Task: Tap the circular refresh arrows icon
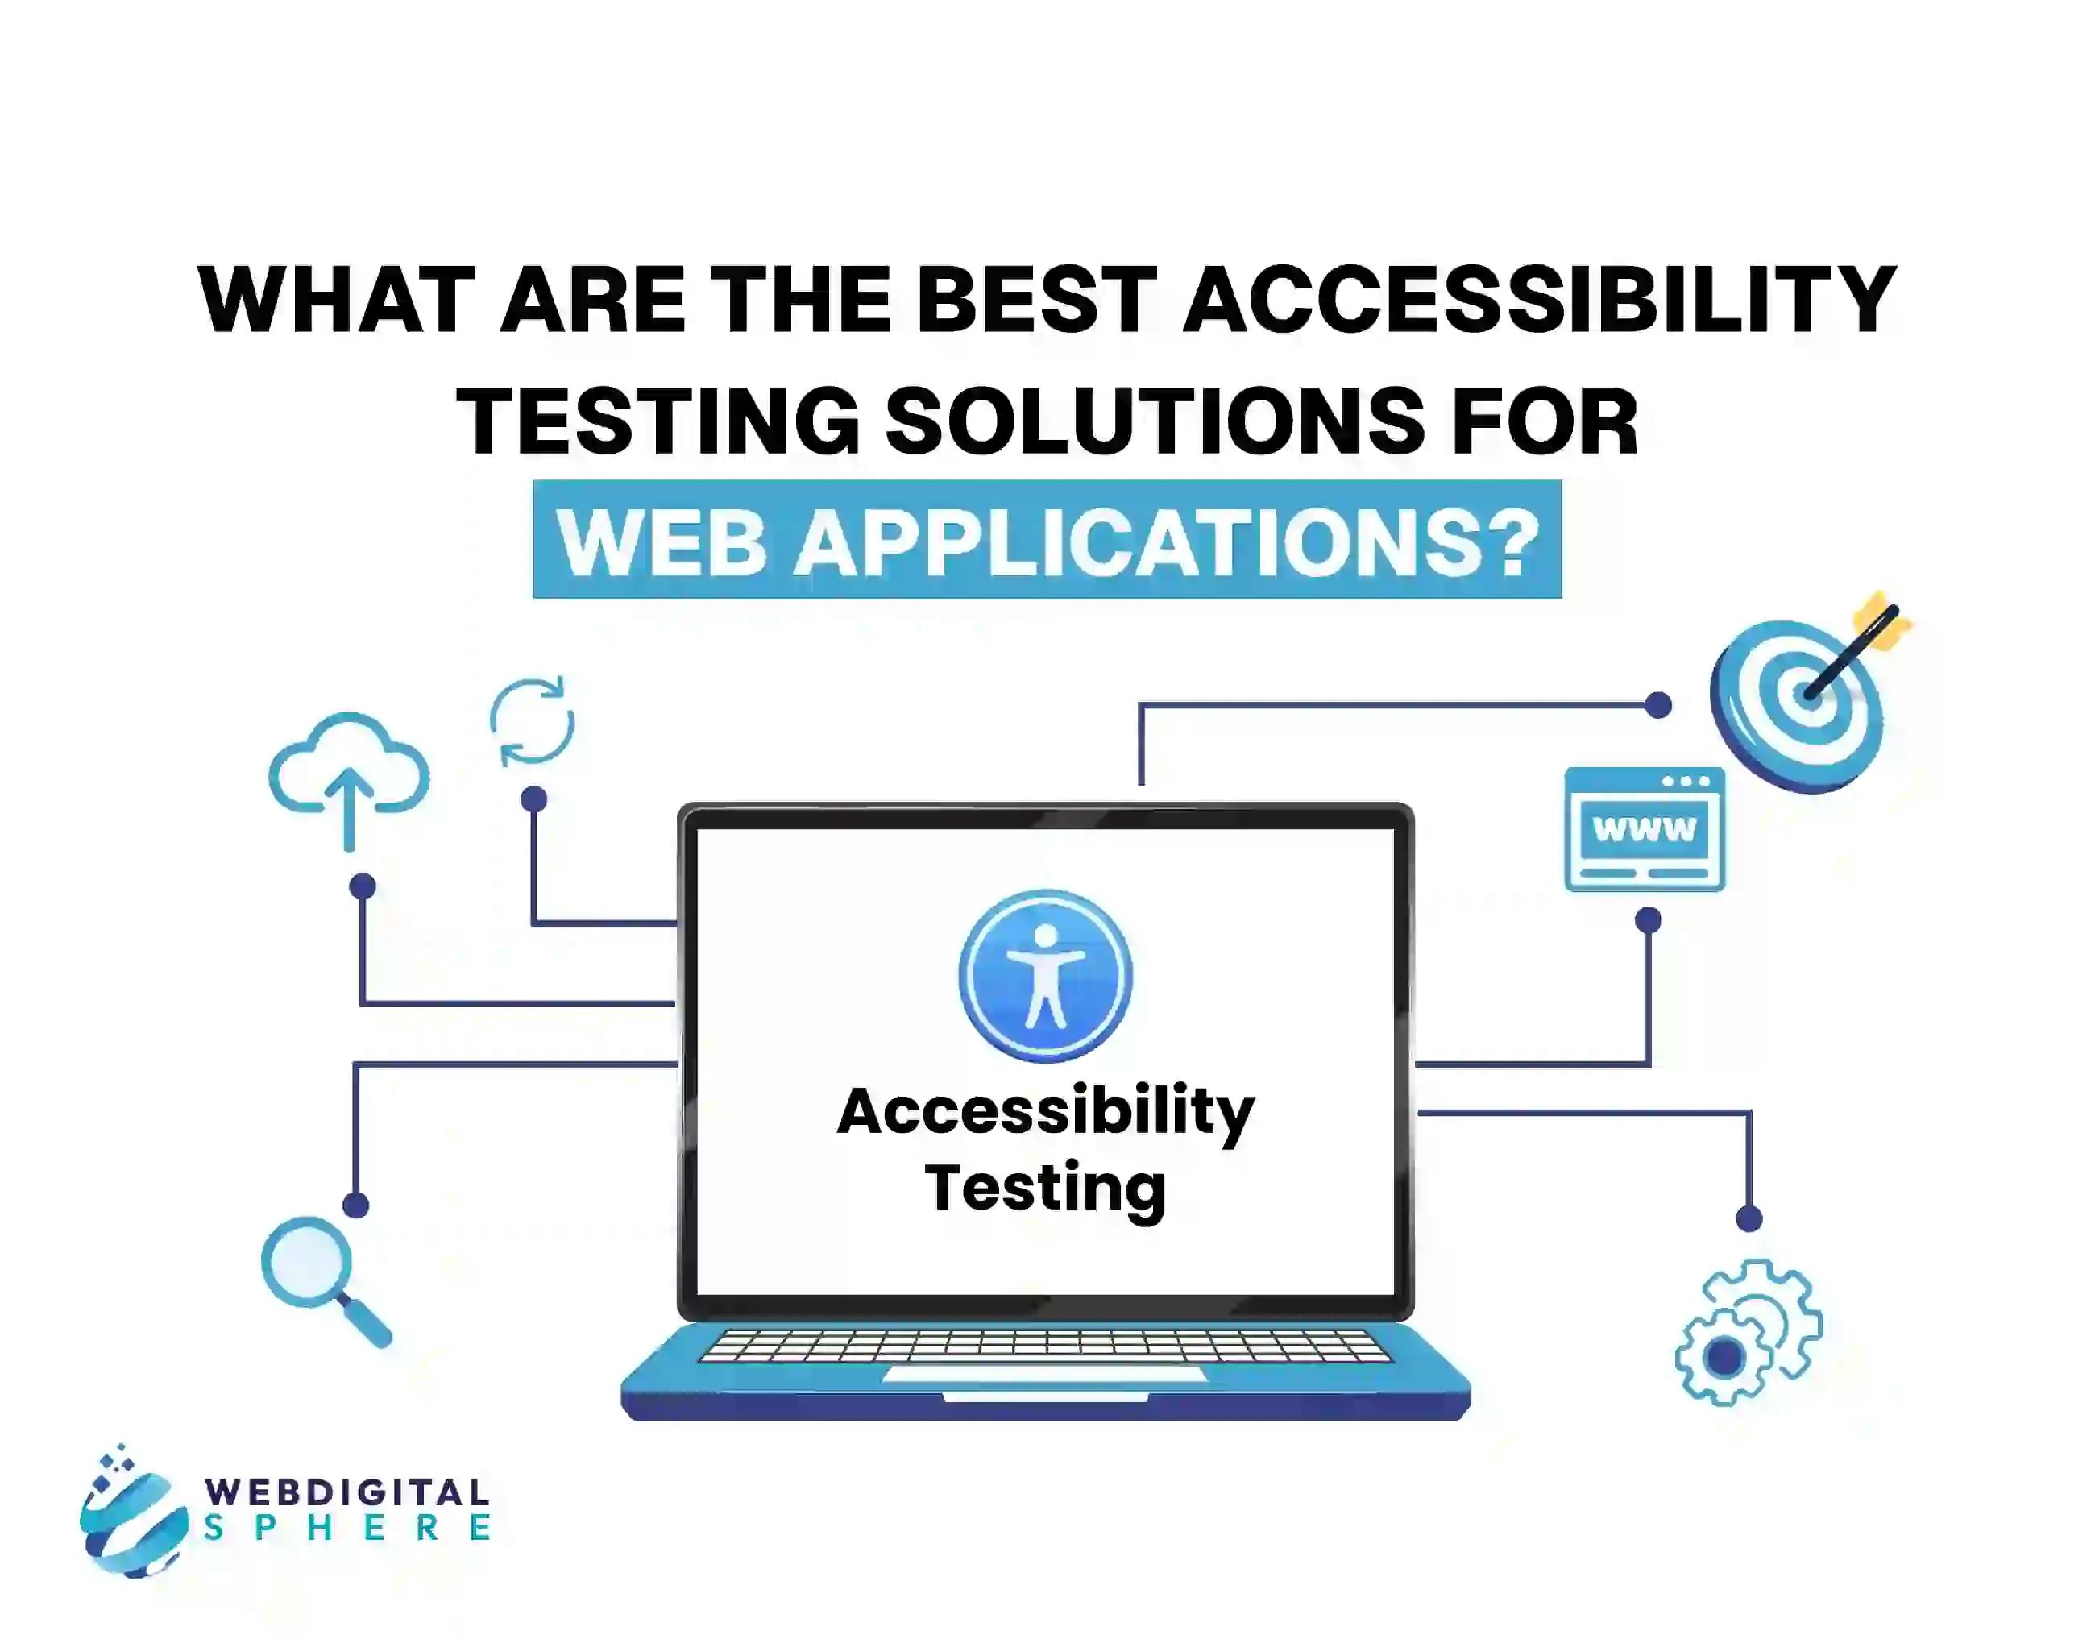point(532,722)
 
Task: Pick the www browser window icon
point(1644,829)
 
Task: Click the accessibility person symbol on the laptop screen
point(1045,976)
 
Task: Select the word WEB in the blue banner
point(662,541)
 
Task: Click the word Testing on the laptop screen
point(1045,1189)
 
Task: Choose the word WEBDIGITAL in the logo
point(347,1492)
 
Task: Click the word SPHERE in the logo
point(347,1528)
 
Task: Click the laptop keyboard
point(1045,1346)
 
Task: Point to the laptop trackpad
point(1044,1374)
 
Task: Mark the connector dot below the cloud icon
point(363,886)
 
